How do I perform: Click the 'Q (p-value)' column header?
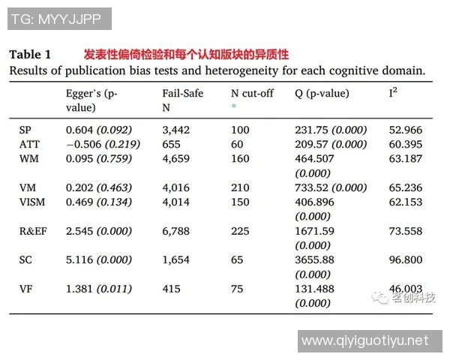322,94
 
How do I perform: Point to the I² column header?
392,94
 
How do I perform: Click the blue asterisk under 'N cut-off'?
234,107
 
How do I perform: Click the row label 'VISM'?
32,202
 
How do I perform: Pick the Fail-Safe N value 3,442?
178,130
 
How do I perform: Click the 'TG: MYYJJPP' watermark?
58,19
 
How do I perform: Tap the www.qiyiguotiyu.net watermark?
365,340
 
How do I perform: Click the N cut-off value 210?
240,187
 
